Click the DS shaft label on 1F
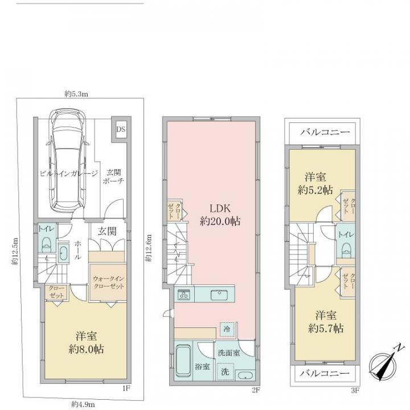pyautogui.click(x=121, y=129)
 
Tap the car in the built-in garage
pyautogui.click(x=68, y=162)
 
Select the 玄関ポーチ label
pyautogui.click(x=114, y=177)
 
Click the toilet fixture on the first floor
pyautogui.click(x=47, y=244)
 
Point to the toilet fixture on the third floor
pyautogui.click(x=346, y=250)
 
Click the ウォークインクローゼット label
pyautogui.click(x=109, y=282)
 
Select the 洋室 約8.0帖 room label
pyautogui.click(x=86, y=343)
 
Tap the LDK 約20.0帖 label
pyautogui.click(x=220, y=215)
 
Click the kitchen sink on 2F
pyautogui.click(x=219, y=295)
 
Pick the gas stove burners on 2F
pyautogui.click(x=184, y=295)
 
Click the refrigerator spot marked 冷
pyautogui.click(x=227, y=329)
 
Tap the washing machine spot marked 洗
pyautogui.click(x=225, y=371)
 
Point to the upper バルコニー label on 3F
pyautogui.click(x=325, y=132)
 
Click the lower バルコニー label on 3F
pyautogui.click(x=325, y=373)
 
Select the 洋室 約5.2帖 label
pyautogui.click(x=315, y=183)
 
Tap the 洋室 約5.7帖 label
pyautogui.click(x=326, y=322)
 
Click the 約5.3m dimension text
pyautogui.click(x=76, y=94)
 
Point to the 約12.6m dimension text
pyautogui.click(x=149, y=248)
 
